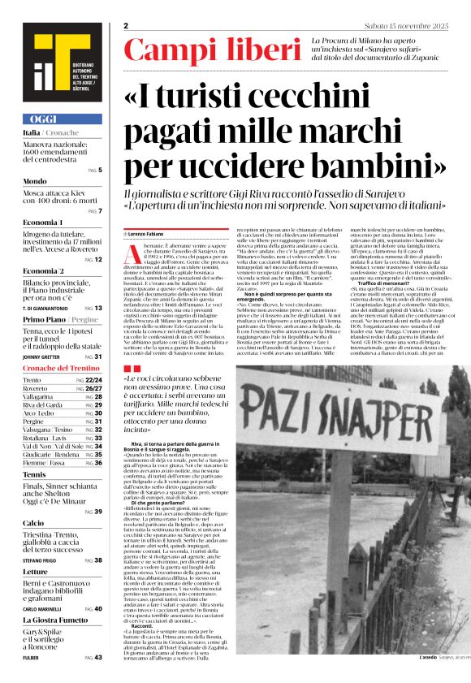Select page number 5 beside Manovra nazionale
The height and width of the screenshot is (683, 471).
pos(100,170)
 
